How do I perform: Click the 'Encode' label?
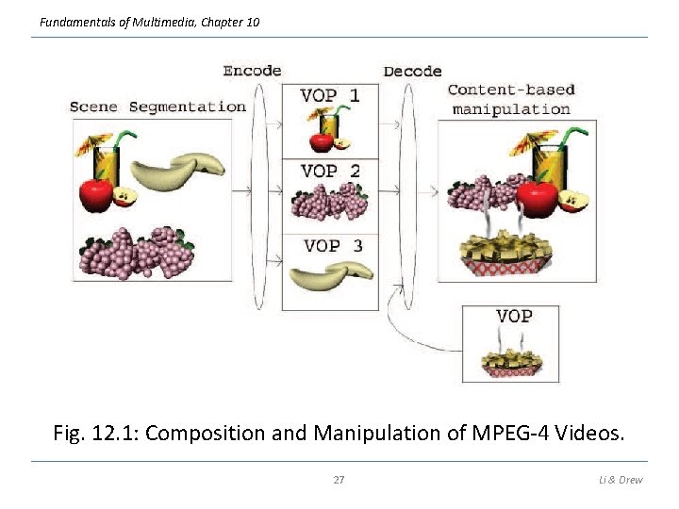(x=252, y=71)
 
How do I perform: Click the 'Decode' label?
(x=412, y=71)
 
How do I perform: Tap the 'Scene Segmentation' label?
(x=157, y=107)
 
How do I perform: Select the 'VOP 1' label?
(x=329, y=95)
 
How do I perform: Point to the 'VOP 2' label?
(x=329, y=171)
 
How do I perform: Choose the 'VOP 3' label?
(x=333, y=245)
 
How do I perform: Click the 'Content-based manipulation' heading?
(x=510, y=99)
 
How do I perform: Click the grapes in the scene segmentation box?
(x=136, y=253)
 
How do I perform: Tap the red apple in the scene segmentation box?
(x=95, y=195)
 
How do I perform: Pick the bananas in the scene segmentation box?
(x=177, y=172)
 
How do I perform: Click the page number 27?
(x=339, y=480)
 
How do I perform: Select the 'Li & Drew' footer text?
(x=621, y=480)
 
